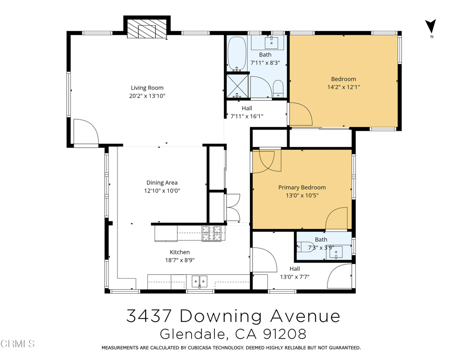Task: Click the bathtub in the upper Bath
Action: click(x=236, y=54)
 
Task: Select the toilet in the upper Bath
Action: click(x=278, y=88)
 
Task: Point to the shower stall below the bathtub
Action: click(x=237, y=86)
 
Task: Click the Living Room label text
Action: click(x=147, y=88)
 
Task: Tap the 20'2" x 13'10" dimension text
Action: click(x=147, y=96)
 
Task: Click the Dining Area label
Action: click(x=162, y=183)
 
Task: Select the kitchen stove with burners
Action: click(x=211, y=233)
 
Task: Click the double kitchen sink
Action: click(x=199, y=282)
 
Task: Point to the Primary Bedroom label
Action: click(x=302, y=188)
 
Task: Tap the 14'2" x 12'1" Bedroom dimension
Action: click(x=344, y=87)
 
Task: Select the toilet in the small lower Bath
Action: click(x=305, y=247)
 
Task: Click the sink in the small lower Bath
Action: click(x=337, y=251)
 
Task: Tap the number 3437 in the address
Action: click(x=148, y=316)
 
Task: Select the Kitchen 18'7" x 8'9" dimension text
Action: click(x=180, y=260)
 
